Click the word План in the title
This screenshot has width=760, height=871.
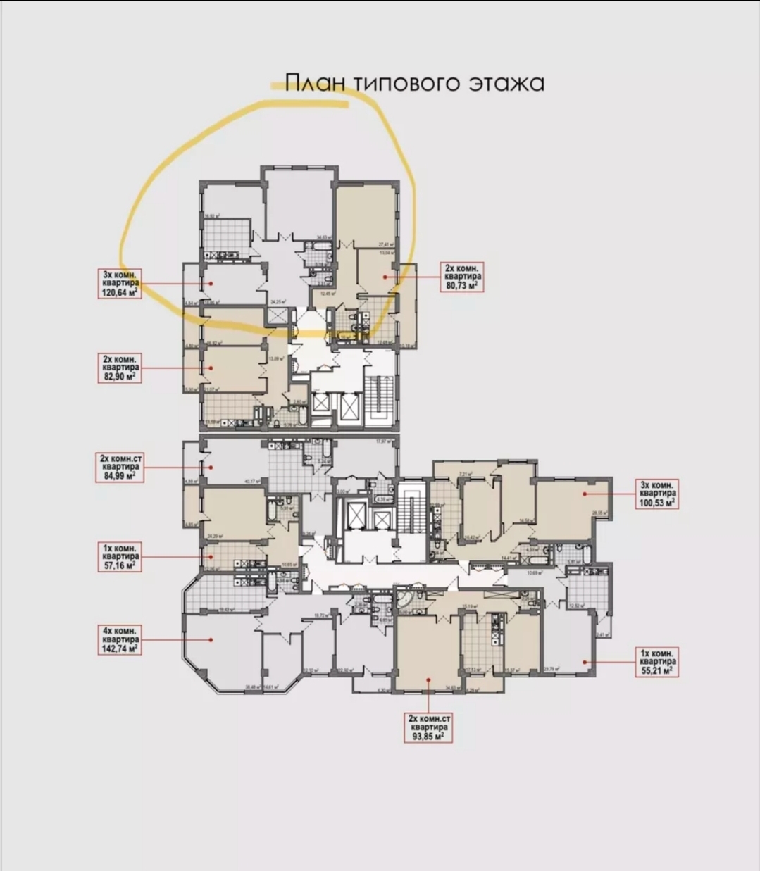316,82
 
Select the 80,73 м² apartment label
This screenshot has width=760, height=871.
462,277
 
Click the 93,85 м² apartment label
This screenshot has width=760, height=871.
428,727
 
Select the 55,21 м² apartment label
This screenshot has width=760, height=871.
659,662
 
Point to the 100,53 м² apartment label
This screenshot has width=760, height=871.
659,494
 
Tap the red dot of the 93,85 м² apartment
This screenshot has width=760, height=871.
428,679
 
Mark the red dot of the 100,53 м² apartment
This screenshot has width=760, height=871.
584,494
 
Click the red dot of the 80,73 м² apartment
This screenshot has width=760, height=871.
384,277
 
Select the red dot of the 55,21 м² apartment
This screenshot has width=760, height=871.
584,662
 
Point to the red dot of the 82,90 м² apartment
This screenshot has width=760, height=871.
206,368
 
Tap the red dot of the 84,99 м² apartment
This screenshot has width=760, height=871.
206,467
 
